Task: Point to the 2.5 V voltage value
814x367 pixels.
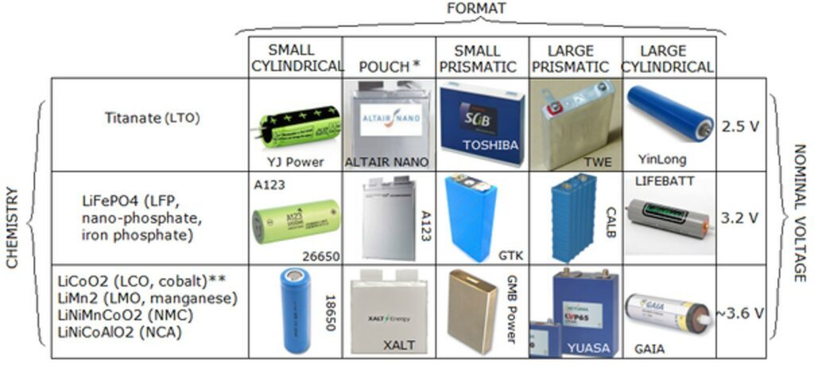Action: (x=741, y=126)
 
